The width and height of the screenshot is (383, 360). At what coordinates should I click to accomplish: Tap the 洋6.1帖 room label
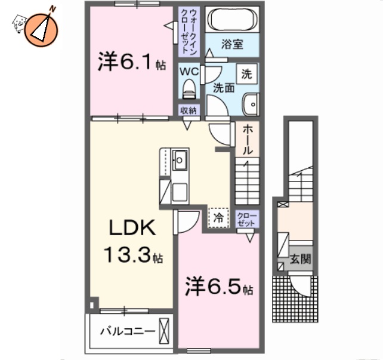[x=131, y=63]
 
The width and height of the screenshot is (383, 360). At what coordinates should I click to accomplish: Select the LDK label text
[x=132, y=228]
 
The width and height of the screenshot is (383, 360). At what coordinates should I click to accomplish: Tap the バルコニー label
[x=128, y=331]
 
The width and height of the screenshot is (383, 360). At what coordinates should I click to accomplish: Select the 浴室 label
[x=233, y=44]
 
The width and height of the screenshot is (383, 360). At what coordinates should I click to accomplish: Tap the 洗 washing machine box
[x=247, y=74]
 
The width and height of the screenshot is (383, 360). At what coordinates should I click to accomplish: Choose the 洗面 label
[x=224, y=88]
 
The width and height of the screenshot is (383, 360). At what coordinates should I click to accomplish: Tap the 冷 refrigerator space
[x=219, y=217]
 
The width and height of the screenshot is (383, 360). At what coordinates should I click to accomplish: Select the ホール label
[x=248, y=141]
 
